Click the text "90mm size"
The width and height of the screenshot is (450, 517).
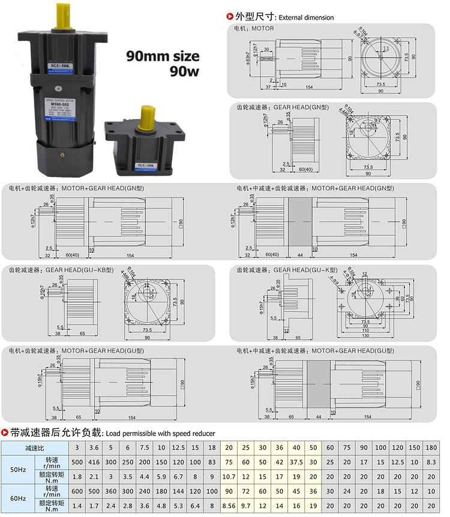[162, 56]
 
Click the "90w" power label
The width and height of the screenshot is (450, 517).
[184, 72]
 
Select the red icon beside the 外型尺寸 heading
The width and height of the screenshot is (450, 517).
[229, 17]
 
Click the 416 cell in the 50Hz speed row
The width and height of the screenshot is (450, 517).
[93, 463]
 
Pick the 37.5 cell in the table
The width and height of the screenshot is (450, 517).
[296, 463]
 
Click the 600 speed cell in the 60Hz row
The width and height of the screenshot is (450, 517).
[77, 492]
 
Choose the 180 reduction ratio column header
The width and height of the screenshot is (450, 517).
[431, 448]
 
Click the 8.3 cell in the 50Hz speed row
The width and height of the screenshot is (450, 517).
[431, 463]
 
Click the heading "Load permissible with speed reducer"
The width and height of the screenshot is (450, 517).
[160, 433]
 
